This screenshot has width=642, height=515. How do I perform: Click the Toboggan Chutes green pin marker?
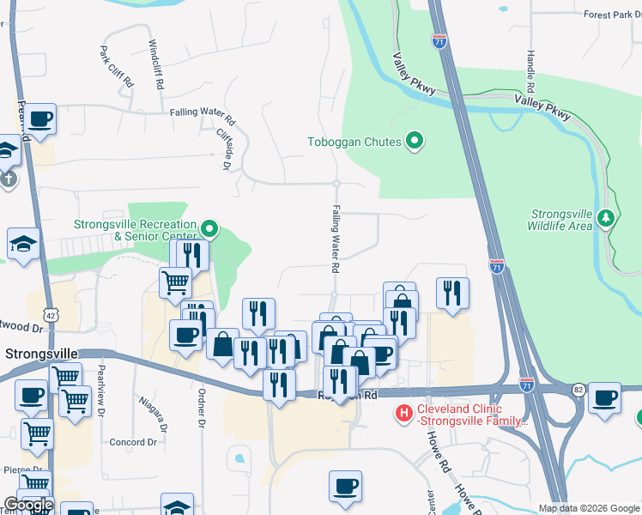point(415,141)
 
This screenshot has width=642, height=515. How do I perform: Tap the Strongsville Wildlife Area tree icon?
point(607,218)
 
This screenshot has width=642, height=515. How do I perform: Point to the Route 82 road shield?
point(578,390)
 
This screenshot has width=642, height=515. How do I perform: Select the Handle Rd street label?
point(531,71)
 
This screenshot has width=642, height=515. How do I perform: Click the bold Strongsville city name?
point(41,354)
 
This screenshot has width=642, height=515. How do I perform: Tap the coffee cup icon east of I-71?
point(604,397)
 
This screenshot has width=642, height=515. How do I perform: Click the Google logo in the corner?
point(28,505)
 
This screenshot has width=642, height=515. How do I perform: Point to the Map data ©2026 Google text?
point(589,508)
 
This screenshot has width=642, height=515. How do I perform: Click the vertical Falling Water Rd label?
point(336,239)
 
